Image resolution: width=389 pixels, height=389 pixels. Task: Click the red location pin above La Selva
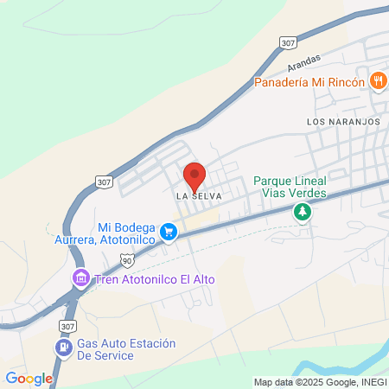click(x=194, y=175)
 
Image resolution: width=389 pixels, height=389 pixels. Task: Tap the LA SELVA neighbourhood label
click(x=200, y=196)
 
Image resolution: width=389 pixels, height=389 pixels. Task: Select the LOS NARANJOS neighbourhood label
click(x=343, y=122)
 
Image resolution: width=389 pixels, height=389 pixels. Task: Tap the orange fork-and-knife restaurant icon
click(x=378, y=81)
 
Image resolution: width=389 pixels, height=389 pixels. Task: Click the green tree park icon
click(x=302, y=212)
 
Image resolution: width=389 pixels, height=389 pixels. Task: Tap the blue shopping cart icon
click(x=169, y=232)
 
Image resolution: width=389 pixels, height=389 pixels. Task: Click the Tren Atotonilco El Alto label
click(x=154, y=279)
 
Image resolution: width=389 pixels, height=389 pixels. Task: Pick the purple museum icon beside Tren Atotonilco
click(x=80, y=278)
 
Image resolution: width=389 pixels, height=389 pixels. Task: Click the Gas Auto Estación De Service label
click(x=126, y=349)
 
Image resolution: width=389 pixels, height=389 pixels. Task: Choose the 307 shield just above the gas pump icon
click(x=69, y=325)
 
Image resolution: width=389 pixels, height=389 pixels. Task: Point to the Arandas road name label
click(x=303, y=62)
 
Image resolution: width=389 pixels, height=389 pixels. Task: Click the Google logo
click(x=29, y=378)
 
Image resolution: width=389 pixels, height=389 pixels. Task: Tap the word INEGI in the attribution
click(x=368, y=382)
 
